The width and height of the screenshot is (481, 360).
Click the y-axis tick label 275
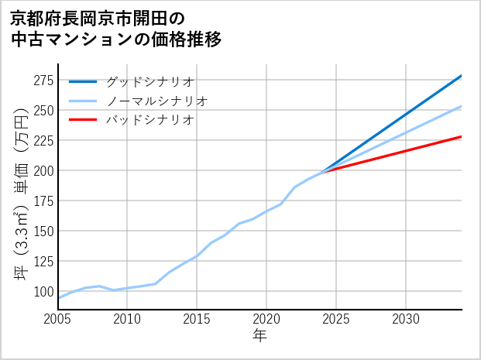[x=43, y=81]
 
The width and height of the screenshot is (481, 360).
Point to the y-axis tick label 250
[x=43, y=110]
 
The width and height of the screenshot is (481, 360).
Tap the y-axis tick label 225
[x=43, y=140]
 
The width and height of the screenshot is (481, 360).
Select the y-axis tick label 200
[x=43, y=170]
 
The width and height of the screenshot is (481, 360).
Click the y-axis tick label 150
[x=43, y=231]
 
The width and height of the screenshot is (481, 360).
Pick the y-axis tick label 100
[x=43, y=291]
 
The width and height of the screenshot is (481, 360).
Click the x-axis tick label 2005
[x=58, y=319]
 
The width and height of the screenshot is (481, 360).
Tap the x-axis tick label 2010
[x=127, y=319]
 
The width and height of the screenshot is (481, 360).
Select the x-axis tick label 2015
[x=197, y=319]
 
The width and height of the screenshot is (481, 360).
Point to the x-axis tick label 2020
[x=266, y=319]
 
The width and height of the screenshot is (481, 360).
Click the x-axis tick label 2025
[x=336, y=319]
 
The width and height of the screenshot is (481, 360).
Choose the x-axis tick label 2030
[x=406, y=319]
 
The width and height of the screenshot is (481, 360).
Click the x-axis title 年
[x=259, y=336]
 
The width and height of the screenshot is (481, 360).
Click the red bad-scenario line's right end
[x=461, y=137]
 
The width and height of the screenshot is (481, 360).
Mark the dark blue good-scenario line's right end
[x=461, y=76]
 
